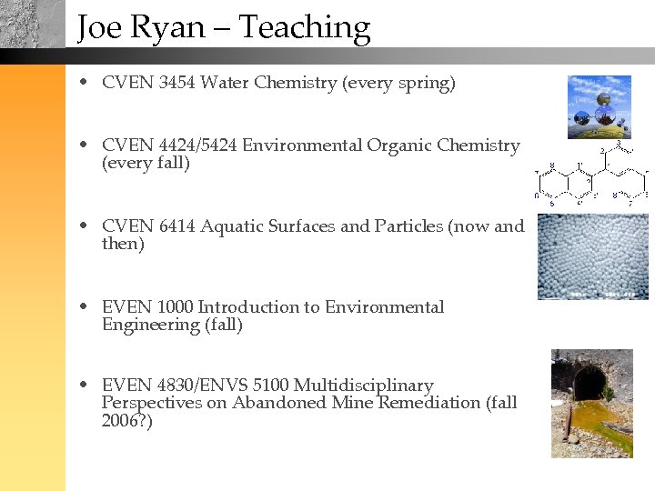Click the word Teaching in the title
click(x=305, y=28)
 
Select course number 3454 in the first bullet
click(x=176, y=84)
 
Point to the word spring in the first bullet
click(x=424, y=84)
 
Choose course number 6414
click(x=176, y=226)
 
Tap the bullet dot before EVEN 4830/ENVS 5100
click(x=84, y=386)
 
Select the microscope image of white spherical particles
click(x=592, y=256)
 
